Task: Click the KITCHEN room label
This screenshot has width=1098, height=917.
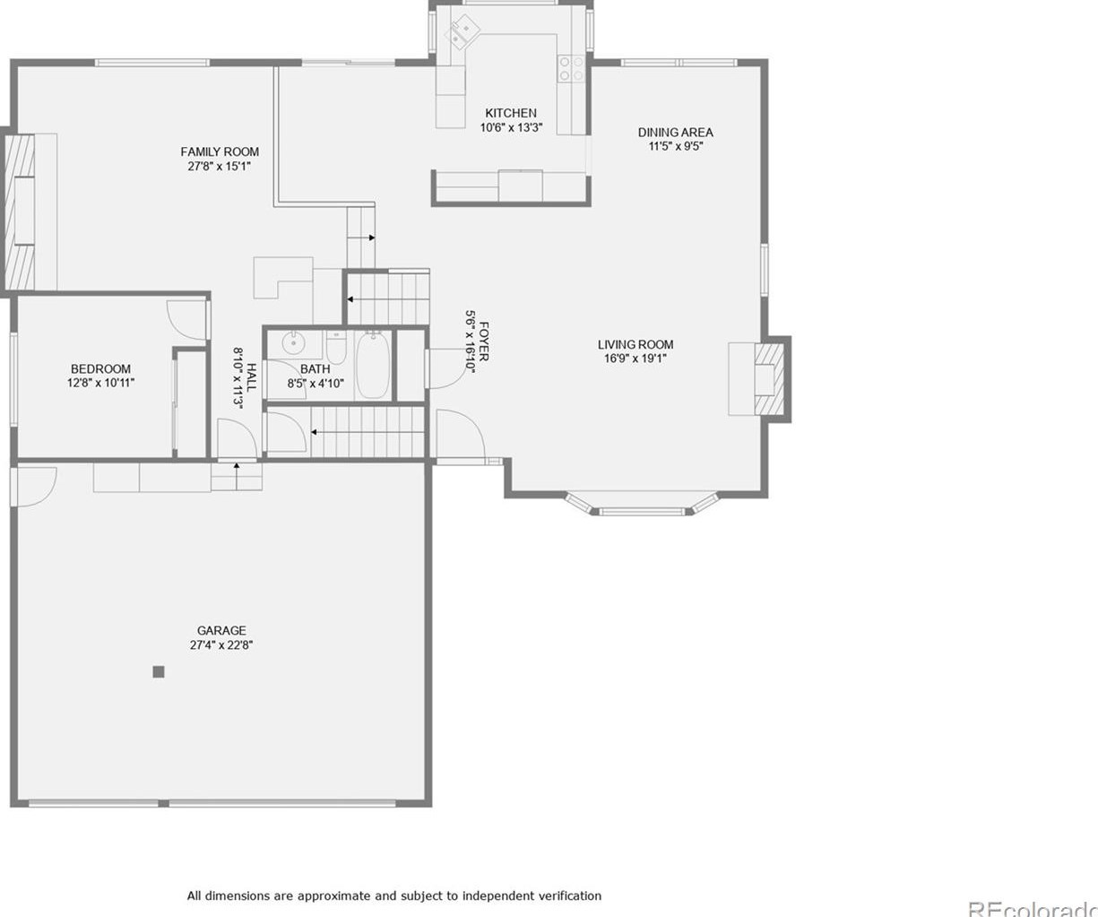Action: [x=511, y=113]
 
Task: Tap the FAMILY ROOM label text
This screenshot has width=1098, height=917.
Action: [x=220, y=151]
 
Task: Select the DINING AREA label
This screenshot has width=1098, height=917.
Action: [x=675, y=132]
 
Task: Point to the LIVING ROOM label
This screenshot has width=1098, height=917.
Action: [x=635, y=344]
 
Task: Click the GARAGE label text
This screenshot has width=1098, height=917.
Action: [x=221, y=630]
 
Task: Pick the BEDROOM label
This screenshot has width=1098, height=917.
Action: [x=100, y=368]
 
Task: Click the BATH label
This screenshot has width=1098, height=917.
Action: [x=315, y=368]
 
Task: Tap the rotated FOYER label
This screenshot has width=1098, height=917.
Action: [x=484, y=342]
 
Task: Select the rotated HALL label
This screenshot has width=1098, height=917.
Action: [x=252, y=376]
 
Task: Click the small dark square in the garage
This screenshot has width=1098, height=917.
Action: [x=159, y=671]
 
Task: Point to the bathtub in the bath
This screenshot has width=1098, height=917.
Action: [x=373, y=367]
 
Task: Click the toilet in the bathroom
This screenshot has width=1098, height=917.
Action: [x=336, y=347]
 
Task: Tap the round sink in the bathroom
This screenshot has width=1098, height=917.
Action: [x=292, y=344]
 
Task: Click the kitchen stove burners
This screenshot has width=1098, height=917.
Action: [x=571, y=69]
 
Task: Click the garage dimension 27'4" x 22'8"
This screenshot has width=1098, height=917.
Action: [x=221, y=644]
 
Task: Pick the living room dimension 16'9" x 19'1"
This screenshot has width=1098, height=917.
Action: [x=635, y=359]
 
